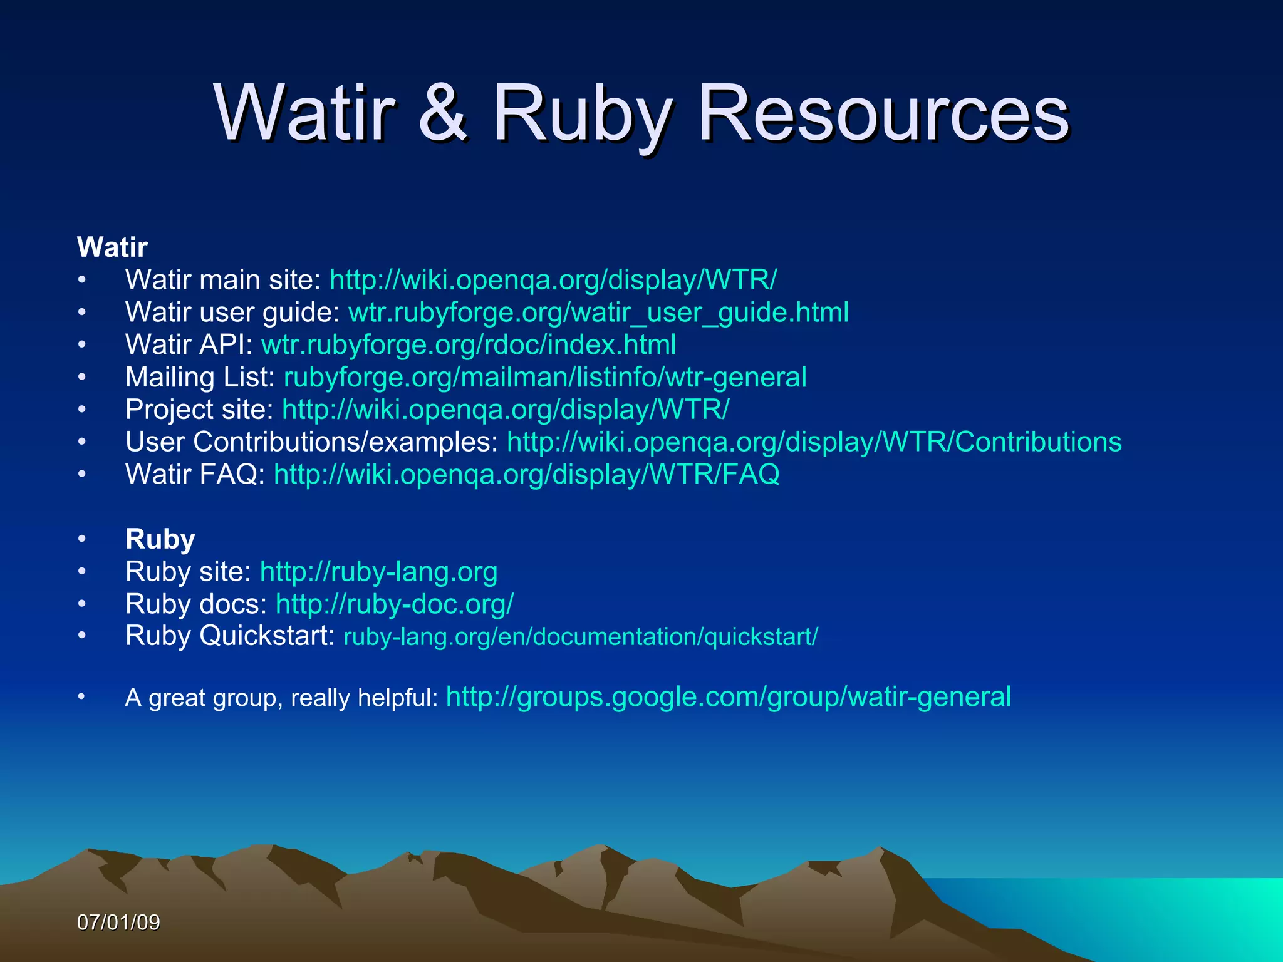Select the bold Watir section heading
pos(112,247)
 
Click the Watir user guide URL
pos(598,312)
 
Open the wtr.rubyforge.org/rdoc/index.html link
pos(469,344)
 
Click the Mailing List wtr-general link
pos(545,377)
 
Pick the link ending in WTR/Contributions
pos(814,442)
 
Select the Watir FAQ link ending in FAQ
pos(526,474)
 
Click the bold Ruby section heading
pos(160,539)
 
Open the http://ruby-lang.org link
pos(378,572)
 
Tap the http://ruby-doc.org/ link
pos(395,604)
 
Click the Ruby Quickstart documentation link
pos(580,637)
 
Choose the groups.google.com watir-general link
pos(728,697)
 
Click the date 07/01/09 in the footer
pos(118,923)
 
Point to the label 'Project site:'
pos(199,410)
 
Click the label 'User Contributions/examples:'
pos(311,442)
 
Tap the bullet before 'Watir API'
pos(82,344)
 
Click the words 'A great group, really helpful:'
pos(281,698)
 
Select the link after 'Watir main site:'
pos(553,280)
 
